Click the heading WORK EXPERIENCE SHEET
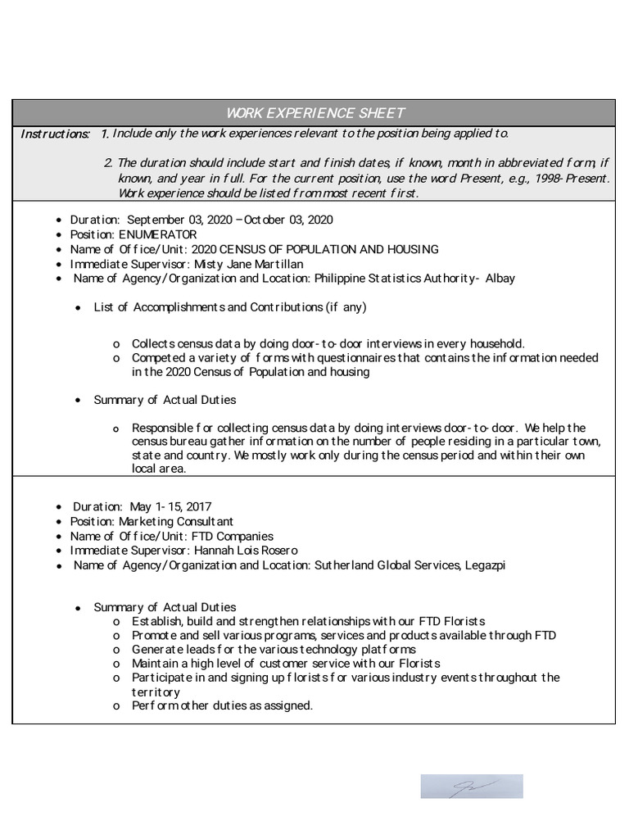(x=315, y=113)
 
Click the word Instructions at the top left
(x=55, y=134)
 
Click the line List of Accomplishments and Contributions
(x=230, y=307)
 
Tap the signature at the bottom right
(x=472, y=786)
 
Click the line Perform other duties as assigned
(x=222, y=705)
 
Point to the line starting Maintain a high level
(x=286, y=663)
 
